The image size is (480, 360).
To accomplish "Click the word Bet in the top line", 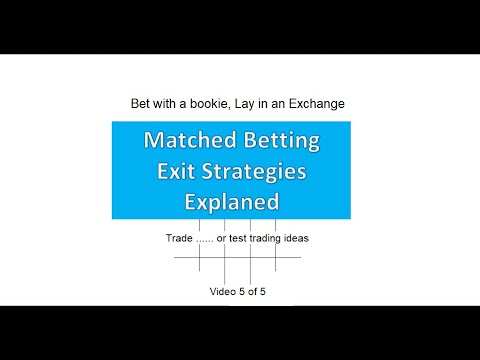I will [x=141, y=103].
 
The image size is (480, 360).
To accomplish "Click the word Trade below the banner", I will [x=182, y=239].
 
